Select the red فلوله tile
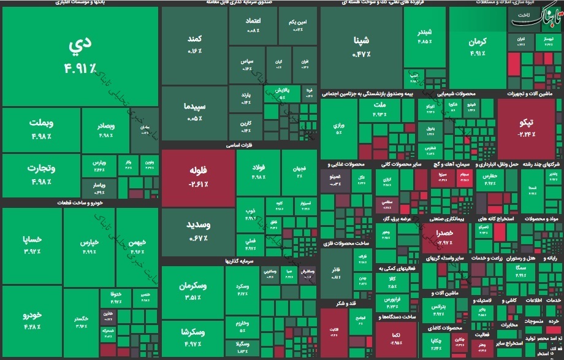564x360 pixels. [x=198, y=177]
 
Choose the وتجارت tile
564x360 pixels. [x=42, y=174]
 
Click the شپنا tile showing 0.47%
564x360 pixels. [x=361, y=48]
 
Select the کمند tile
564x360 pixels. [x=194, y=45]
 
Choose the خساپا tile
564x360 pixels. [x=32, y=243]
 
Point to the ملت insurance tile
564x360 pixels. [x=378, y=109]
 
